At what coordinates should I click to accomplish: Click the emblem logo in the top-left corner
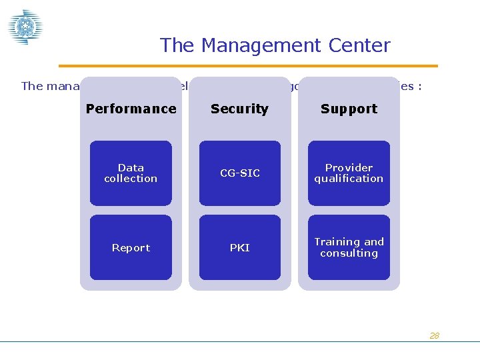coord(25,27)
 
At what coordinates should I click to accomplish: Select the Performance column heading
coord(131,109)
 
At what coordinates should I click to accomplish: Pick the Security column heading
coord(239,109)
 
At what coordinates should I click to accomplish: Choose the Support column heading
coord(349,109)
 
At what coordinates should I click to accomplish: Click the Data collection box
coord(131,173)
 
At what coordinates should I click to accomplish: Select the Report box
coord(131,247)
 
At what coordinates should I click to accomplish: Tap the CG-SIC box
coord(239,173)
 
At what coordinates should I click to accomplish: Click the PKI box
coord(239,247)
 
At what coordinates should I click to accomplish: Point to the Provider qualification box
coord(349,173)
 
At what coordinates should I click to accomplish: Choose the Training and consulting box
coord(349,247)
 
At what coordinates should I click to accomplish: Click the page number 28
coord(434,335)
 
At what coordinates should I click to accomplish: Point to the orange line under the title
coord(248,66)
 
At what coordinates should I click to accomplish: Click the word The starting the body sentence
coord(32,85)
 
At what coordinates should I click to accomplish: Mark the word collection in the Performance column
coord(131,179)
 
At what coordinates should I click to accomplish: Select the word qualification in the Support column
coord(349,179)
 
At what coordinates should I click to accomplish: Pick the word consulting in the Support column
coord(349,253)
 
